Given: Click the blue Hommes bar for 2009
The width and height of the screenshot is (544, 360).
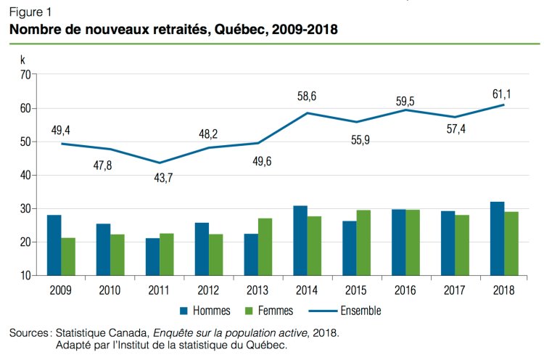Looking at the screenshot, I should coord(54,245).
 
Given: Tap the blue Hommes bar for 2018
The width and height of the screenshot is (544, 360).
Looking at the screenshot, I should coord(497,239).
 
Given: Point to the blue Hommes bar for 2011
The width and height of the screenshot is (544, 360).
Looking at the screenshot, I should coord(152,257).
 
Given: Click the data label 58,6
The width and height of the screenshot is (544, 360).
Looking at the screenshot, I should coord(308,96).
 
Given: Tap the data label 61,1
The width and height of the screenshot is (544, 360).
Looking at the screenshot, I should coord(501,93).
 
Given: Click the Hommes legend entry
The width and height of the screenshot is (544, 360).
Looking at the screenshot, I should coord(204,311).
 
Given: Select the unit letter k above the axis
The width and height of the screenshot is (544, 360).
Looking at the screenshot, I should coord(22,58).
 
